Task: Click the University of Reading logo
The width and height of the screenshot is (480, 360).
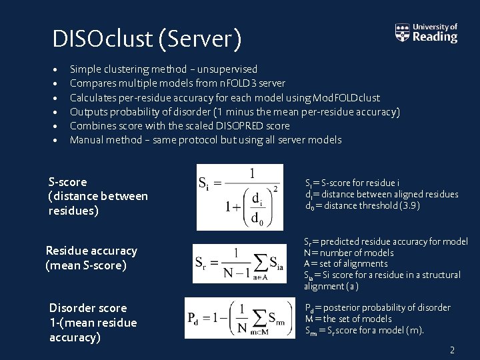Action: tap(427, 33)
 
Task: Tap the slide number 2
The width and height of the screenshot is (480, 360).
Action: tap(452, 350)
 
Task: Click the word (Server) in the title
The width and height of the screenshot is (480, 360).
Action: tap(200, 39)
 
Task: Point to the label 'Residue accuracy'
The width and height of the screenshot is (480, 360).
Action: tap(91, 251)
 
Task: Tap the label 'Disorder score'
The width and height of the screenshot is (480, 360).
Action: tap(88, 308)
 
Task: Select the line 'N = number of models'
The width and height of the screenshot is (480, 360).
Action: tap(349, 253)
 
